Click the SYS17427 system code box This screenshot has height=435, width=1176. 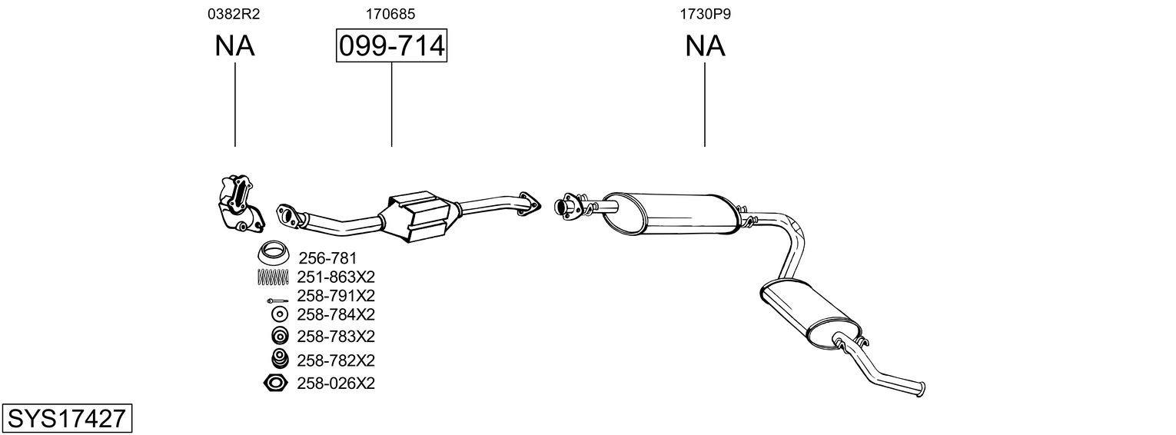pos(67,419)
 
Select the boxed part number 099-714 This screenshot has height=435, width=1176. pos(391,46)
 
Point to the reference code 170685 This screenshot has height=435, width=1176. pos(391,13)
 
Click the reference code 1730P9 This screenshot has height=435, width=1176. pos(704,13)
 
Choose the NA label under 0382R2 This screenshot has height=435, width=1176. pos(234,46)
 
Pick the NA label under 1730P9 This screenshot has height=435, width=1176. pos(705,46)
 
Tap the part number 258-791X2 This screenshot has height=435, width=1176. pos(336,296)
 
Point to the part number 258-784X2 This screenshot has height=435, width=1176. pos(336,314)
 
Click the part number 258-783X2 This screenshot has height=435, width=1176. pos(336,337)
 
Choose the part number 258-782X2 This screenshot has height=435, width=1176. pos(336,360)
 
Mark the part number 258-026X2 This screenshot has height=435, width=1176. pos(336,383)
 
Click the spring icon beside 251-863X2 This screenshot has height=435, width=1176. pos(272,277)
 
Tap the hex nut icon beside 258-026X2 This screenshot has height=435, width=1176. pos(275,383)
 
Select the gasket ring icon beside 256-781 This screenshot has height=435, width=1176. pos(272,252)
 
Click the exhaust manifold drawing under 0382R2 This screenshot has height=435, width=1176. pos(239,204)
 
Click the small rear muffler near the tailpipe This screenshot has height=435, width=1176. pos(807,309)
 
